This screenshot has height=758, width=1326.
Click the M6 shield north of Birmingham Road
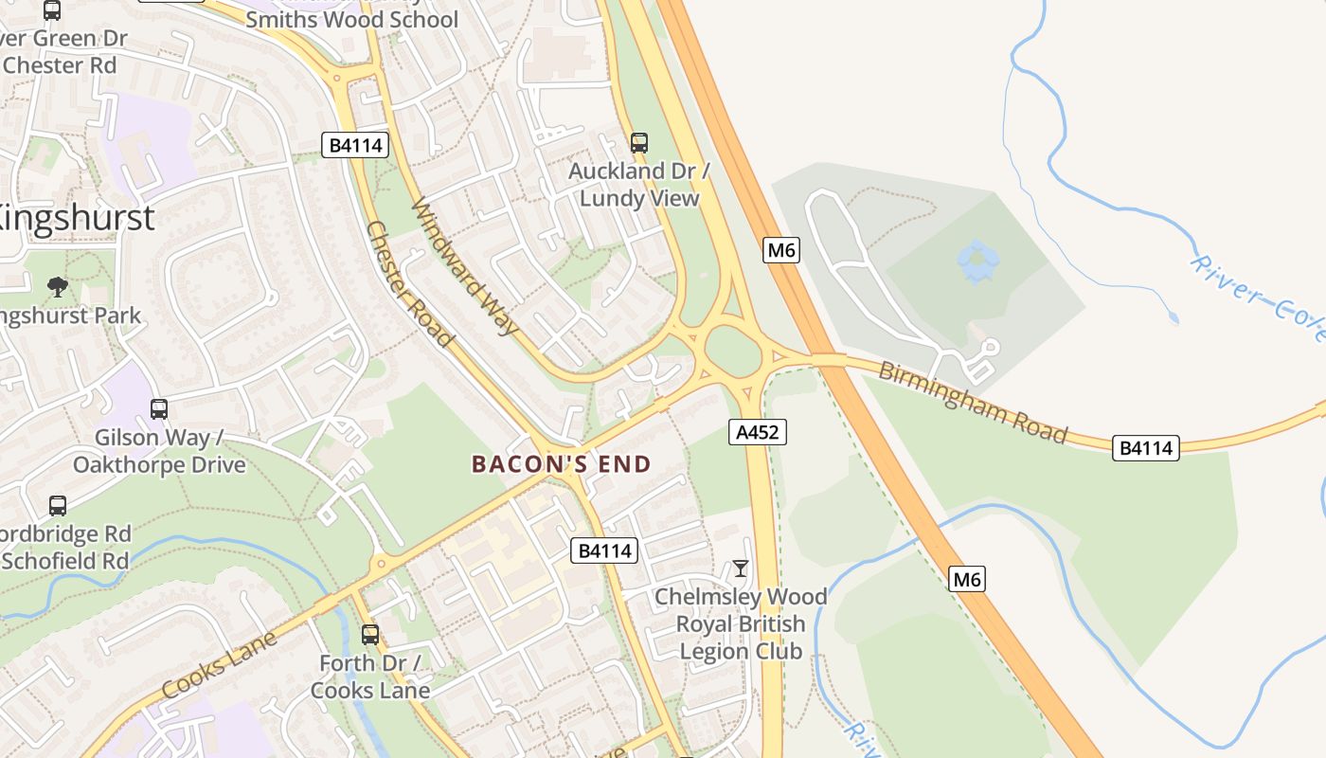[781, 250]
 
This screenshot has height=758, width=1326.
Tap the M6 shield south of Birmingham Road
[966, 578]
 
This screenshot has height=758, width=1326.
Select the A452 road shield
[758, 432]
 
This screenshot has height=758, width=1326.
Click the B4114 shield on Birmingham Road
[1145, 448]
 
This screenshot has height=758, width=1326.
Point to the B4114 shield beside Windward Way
[355, 145]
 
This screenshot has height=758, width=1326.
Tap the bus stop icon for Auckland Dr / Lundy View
[639, 143]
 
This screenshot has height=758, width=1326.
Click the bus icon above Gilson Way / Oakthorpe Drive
[159, 409]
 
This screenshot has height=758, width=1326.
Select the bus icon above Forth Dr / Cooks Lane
[370, 634]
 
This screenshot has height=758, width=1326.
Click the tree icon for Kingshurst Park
[58, 286]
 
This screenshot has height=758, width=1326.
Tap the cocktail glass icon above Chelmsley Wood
[741, 568]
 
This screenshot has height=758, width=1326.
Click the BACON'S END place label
[562, 464]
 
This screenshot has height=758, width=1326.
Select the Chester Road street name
[408, 283]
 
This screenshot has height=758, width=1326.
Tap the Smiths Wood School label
[351, 19]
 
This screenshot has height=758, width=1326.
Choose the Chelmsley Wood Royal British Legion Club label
[741, 623]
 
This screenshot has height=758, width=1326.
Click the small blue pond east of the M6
[977, 261]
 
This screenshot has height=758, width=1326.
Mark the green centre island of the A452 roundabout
[733, 352]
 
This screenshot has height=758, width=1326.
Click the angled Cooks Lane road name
[219, 665]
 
